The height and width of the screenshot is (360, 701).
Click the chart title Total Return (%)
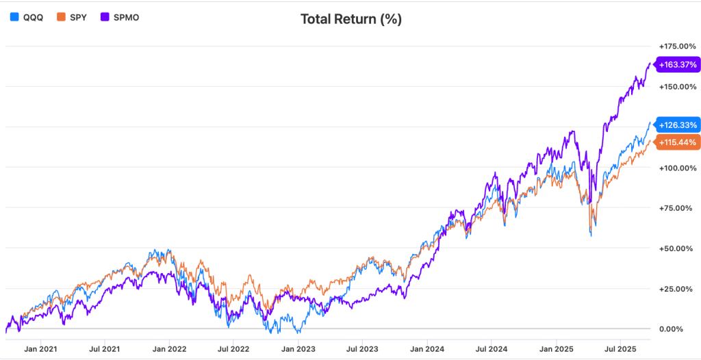pyautogui.click(x=350, y=18)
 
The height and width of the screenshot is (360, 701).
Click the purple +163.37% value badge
pyautogui.click(x=677, y=65)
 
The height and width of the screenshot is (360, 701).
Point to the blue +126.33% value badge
pyautogui.click(x=677, y=125)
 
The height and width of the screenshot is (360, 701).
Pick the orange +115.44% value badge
pyautogui.click(x=677, y=142)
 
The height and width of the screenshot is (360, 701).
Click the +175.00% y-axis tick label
pyautogui.click(x=678, y=46)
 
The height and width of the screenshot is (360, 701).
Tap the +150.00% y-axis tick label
pyautogui.click(x=678, y=87)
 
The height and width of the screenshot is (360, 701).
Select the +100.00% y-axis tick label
pyautogui.click(x=678, y=168)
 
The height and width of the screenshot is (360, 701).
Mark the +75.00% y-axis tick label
pyautogui.click(x=679, y=208)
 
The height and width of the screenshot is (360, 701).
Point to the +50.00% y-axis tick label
pyautogui.click(x=679, y=248)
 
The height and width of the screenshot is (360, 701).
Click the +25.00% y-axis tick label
pyautogui.click(x=679, y=288)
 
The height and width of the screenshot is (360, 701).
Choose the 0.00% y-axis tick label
pyautogui.click(x=682, y=329)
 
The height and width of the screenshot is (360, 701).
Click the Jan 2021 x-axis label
pyautogui.click(x=40, y=348)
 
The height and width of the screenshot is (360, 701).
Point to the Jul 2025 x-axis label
pyautogui.click(x=620, y=348)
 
